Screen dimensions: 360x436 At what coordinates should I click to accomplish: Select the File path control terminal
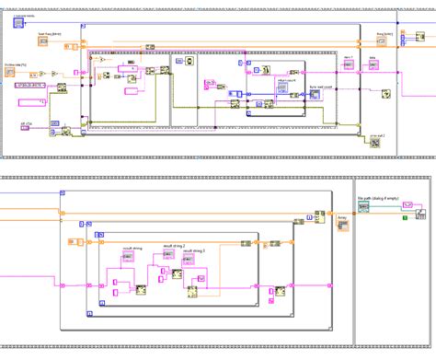tap(364, 207)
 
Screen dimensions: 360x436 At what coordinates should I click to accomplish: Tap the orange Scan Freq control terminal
tap(43, 42)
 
